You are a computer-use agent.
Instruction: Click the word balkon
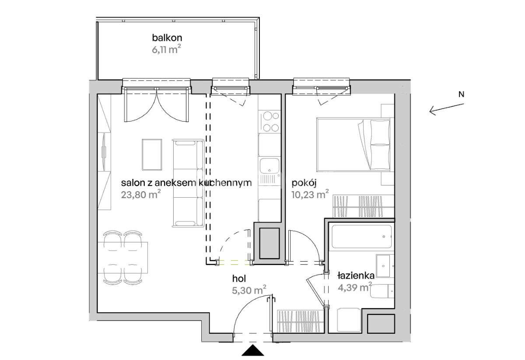167,38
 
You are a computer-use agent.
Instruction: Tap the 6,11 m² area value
166,49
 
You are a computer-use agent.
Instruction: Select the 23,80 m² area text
141,194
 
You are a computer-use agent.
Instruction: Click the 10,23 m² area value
310,194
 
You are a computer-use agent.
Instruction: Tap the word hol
239,279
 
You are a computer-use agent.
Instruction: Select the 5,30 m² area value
249,290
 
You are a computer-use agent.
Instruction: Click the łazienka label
356,276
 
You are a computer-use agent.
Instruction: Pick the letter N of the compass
461,94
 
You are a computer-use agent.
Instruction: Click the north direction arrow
447,109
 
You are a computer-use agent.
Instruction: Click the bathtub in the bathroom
362,237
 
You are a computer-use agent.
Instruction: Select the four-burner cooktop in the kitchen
269,122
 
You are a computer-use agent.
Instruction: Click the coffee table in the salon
152,155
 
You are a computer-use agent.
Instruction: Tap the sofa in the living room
188,183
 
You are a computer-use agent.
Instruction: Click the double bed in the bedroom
353,144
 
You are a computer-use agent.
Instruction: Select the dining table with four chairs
122,258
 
